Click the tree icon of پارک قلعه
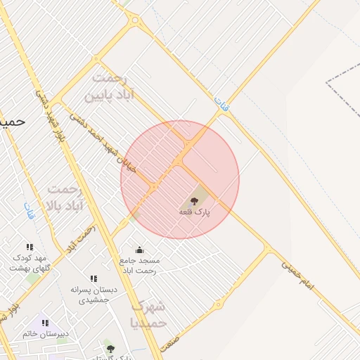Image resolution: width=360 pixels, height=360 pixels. click(x=195, y=201)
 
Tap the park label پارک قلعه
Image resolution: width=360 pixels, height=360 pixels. click(x=195, y=212)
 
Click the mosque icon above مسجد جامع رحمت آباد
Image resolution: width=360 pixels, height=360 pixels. click(x=139, y=250)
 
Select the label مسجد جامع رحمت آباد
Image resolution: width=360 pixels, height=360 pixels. click(x=140, y=265)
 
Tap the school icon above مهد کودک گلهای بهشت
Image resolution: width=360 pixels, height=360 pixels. click(x=30, y=247)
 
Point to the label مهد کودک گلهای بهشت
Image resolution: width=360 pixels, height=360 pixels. click(x=30, y=263)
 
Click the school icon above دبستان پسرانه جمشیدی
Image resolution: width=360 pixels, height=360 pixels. click(x=94, y=279)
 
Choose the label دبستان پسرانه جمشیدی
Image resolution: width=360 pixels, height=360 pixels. click(x=94, y=294)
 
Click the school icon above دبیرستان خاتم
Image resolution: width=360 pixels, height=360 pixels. click(x=45, y=323)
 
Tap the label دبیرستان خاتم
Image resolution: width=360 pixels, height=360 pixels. click(x=45, y=334)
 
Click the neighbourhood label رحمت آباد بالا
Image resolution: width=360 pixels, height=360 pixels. click(x=65, y=198)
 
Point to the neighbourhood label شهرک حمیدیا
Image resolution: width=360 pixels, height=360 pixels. click(x=148, y=314)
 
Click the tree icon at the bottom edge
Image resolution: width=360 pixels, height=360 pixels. click(x=109, y=348)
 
